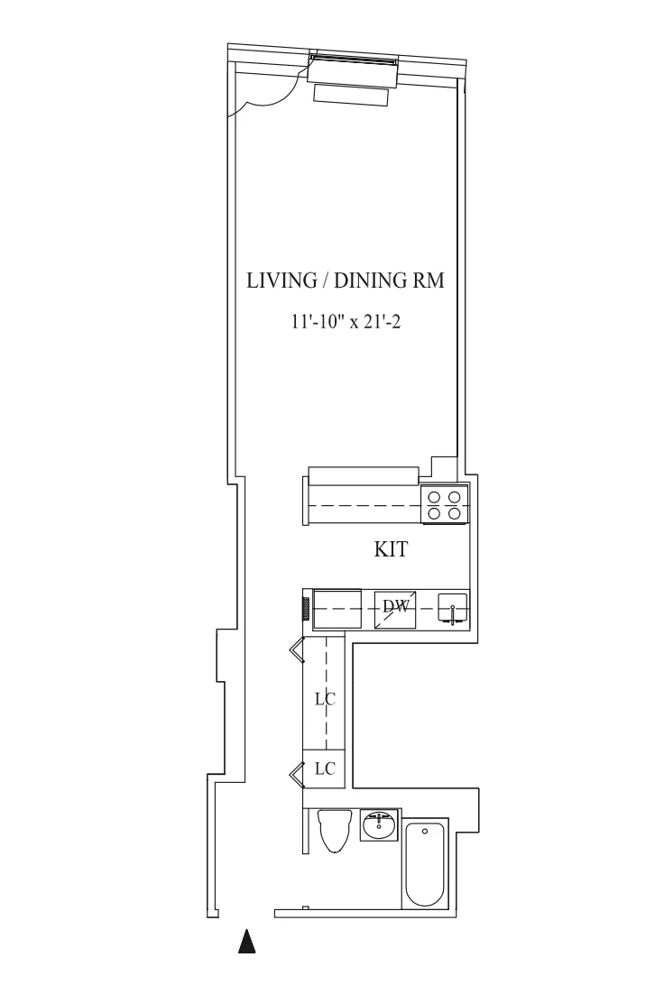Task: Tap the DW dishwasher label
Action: (x=394, y=607)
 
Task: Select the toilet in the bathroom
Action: (x=334, y=830)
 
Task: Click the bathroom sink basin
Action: (x=378, y=824)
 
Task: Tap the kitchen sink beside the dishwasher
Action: (x=452, y=610)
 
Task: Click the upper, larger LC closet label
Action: (x=325, y=698)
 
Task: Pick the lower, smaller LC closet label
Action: (x=325, y=769)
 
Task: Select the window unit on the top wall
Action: (x=353, y=61)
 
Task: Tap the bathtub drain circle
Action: (x=425, y=832)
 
